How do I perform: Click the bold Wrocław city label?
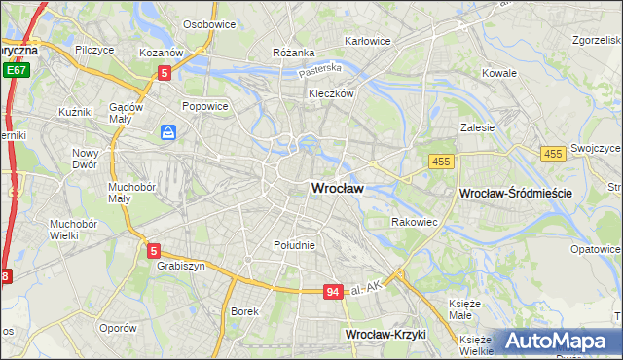(337, 189)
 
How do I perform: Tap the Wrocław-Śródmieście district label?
(514, 194)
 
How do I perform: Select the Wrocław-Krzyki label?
(386, 334)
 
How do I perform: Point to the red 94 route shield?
(334, 292)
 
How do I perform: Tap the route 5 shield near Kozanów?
(165, 72)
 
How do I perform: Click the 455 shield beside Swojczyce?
(553, 154)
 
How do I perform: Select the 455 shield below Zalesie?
(439, 162)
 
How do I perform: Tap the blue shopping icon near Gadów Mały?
(169, 131)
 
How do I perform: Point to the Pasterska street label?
(319, 70)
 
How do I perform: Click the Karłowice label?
(368, 42)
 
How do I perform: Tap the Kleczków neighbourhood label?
(330, 94)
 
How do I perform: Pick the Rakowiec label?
(414, 222)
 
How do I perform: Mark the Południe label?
(294, 245)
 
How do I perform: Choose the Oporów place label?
(119, 328)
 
